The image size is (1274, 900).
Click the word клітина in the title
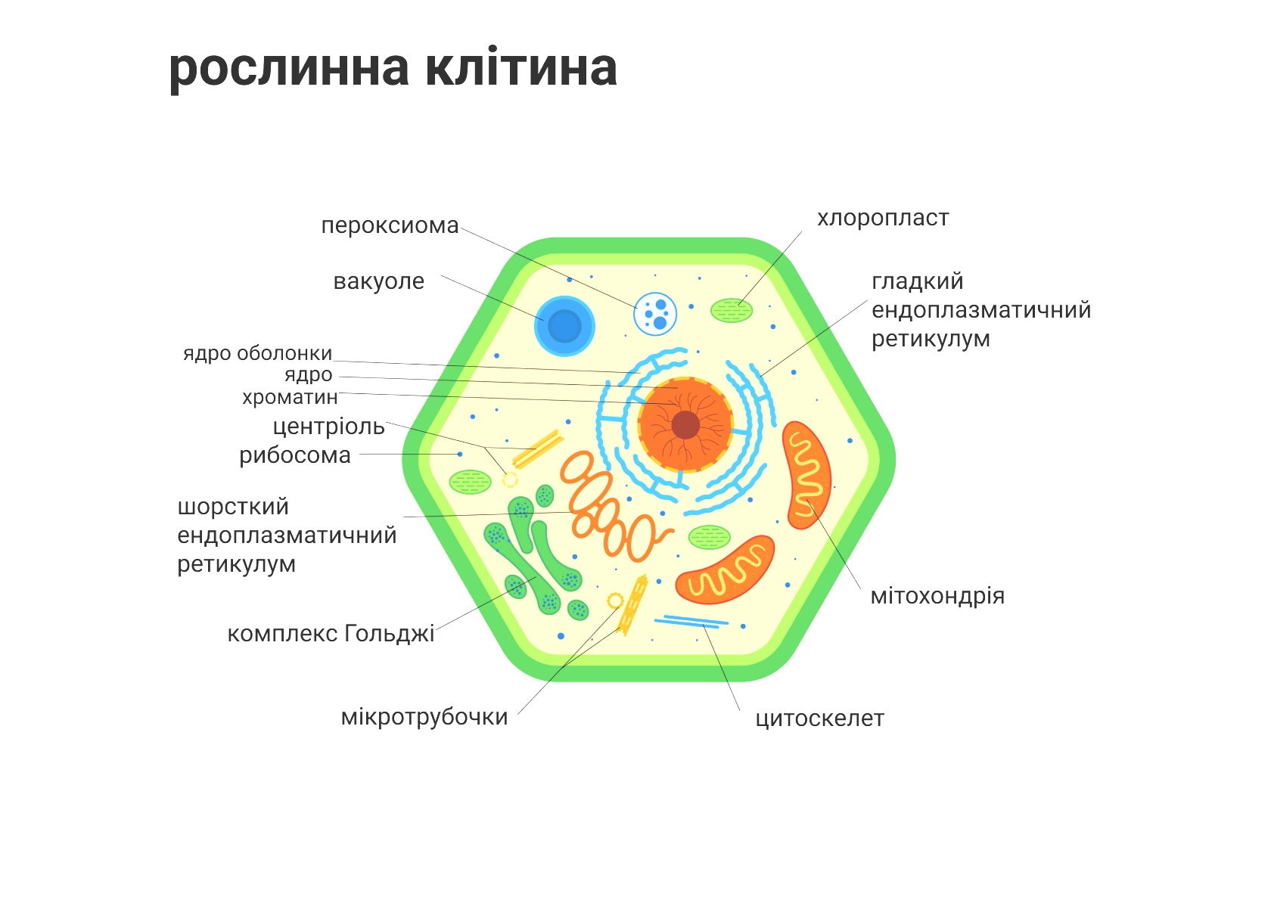521,67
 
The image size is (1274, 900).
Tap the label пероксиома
390,225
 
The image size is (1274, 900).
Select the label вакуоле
379,281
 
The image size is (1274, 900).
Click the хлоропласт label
884,219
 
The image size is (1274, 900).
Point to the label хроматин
290,397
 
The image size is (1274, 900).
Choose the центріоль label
329,426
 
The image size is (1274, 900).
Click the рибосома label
294,455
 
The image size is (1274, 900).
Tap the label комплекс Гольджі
331,633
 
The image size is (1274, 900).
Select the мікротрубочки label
424,717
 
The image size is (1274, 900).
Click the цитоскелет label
819,718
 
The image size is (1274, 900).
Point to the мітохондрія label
937,596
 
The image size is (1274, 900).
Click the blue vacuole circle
564,326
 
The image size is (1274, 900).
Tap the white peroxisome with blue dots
655,314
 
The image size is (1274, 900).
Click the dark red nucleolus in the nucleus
685,425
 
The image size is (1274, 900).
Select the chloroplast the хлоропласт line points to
732,310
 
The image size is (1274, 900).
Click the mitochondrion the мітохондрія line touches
806,475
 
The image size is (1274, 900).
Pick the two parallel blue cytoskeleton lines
691,622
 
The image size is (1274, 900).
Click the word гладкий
918,281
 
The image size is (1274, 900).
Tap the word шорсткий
233,507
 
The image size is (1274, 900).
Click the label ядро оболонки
258,353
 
